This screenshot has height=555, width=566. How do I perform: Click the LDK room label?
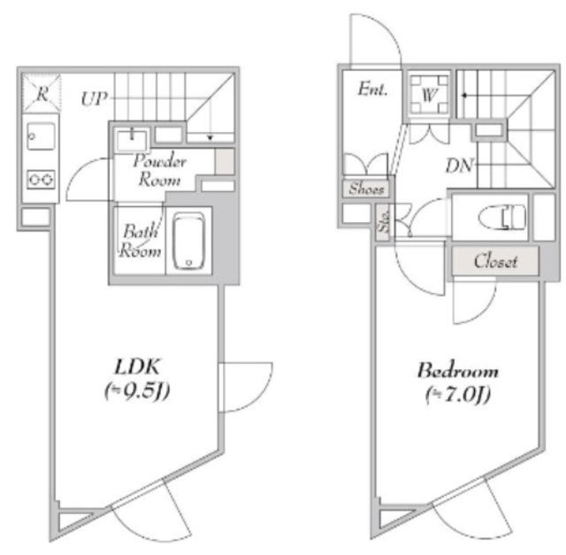(x=137, y=366)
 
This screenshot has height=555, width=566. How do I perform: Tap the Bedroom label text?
(x=458, y=371)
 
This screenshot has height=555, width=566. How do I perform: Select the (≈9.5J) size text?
(x=137, y=391)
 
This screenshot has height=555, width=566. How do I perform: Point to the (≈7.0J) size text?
(x=458, y=395)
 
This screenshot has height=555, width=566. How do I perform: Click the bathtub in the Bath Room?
(x=188, y=241)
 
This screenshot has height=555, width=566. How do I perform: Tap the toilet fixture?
(x=502, y=218)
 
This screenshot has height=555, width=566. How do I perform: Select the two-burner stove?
(x=42, y=179)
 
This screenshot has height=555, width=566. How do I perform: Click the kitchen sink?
(x=41, y=136)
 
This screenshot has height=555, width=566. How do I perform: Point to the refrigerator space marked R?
(x=42, y=93)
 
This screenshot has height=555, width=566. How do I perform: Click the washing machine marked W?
(x=429, y=95)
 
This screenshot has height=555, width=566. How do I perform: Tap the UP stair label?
(x=95, y=98)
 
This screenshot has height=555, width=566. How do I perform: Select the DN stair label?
(x=459, y=166)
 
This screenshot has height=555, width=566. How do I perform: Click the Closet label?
(x=495, y=261)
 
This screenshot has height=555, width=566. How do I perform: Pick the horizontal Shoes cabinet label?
(x=365, y=189)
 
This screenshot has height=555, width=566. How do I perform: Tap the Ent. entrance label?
(x=372, y=89)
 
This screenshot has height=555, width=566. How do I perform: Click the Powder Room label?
(x=159, y=170)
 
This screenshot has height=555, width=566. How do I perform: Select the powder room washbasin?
(x=132, y=140)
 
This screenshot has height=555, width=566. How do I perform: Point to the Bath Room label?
(x=140, y=241)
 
